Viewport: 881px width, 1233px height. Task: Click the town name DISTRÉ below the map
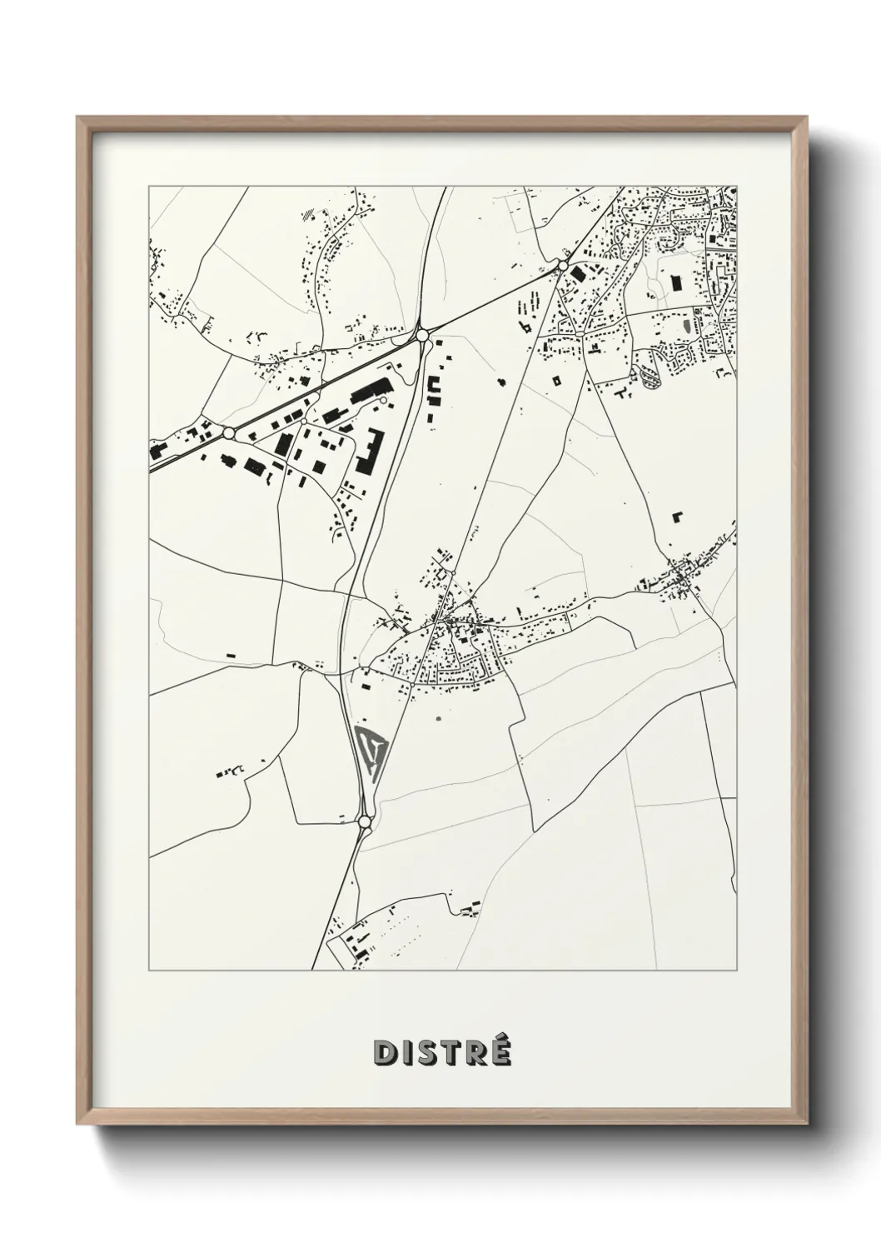[441, 1053]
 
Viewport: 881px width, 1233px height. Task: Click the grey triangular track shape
[370, 749]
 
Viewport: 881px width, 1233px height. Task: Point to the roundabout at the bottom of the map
[364, 821]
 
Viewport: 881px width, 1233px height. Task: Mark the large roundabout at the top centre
[422, 335]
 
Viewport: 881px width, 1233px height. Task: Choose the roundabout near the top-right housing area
[563, 265]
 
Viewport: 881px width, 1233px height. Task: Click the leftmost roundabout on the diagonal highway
[227, 433]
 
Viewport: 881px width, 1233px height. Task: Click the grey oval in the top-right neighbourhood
[686, 324]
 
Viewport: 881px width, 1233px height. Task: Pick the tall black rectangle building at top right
[676, 282]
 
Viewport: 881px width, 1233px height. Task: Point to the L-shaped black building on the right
[677, 517]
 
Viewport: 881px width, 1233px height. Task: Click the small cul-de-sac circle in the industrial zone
[382, 402]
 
